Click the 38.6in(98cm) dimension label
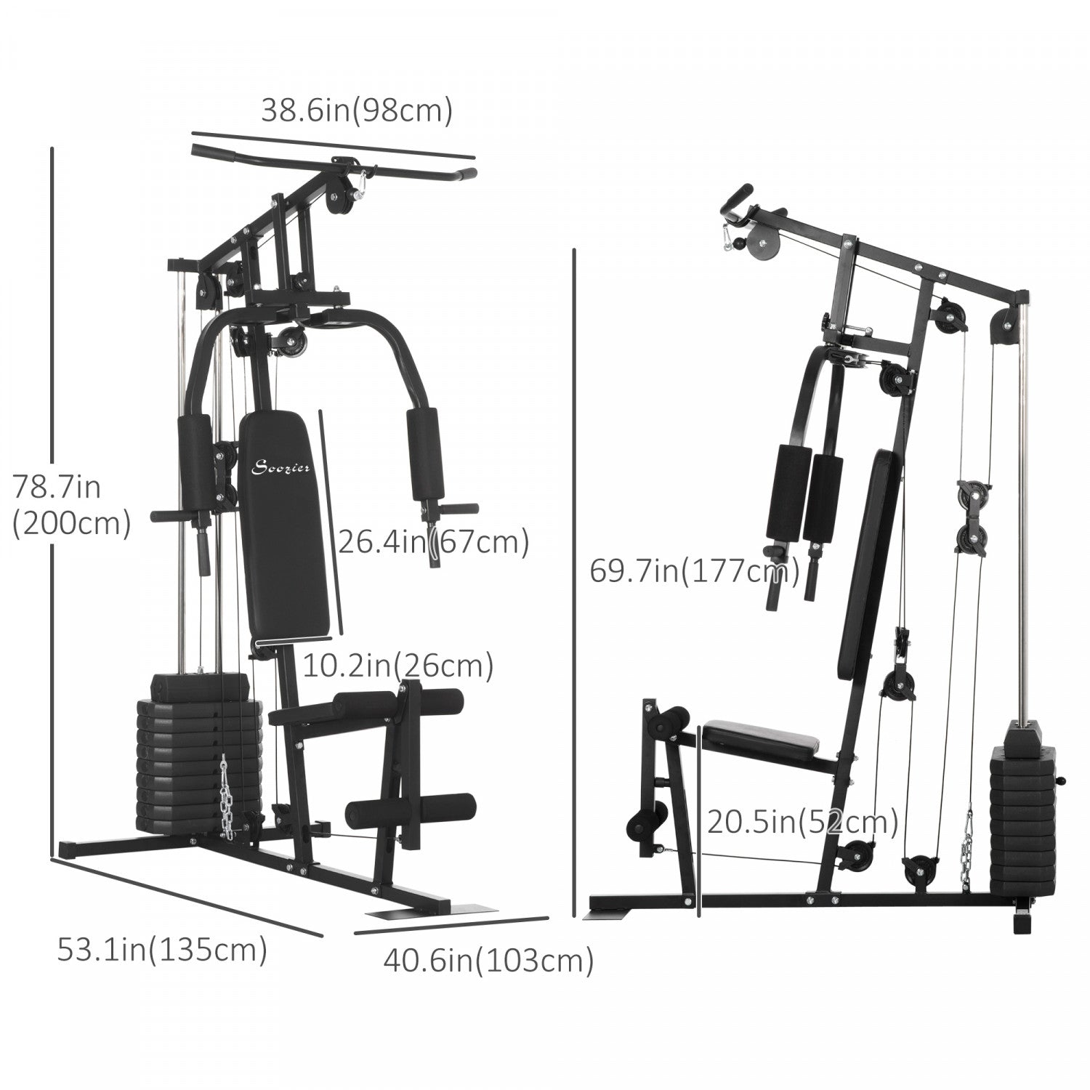coord(357,110)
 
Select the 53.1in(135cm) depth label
coord(162,950)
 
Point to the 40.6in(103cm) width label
coord(488,961)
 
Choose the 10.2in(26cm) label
coord(397,666)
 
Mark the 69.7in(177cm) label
coord(694,571)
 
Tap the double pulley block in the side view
coord(972,518)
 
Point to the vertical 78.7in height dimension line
coord(52,501)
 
